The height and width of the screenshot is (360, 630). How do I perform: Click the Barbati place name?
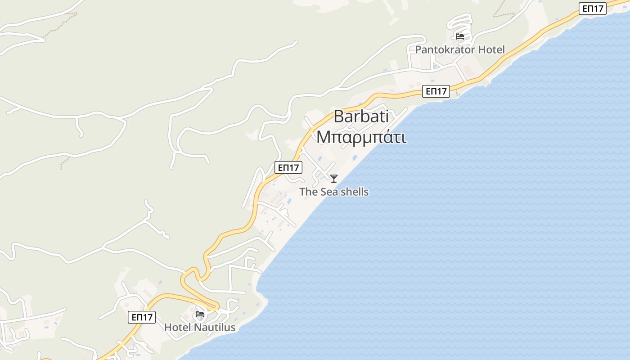[x=361, y=117]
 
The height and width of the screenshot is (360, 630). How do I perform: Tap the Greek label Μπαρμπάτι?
[x=361, y=137]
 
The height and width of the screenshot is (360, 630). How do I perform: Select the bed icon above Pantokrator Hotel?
[x=460, y=36]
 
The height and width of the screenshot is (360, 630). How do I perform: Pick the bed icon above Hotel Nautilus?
[x=200, y=314]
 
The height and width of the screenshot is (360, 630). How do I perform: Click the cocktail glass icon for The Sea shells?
[x=334, y=179]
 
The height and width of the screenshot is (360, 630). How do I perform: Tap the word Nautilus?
[x=215, y=327]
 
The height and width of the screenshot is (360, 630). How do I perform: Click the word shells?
[x=354, y=192]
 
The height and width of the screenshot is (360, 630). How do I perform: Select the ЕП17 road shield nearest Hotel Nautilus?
[x=142, y=317]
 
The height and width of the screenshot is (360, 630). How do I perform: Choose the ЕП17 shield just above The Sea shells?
[x=288, y=168]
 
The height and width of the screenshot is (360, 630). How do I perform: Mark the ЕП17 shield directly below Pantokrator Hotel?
[x=436, y=91]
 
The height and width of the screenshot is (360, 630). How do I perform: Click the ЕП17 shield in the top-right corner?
[x=593, y=8]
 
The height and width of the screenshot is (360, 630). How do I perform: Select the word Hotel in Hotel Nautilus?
[x=177, y=327]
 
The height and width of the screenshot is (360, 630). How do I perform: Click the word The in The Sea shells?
[x=309, y=192]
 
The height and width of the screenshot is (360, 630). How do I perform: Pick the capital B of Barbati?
[x=338, y=117]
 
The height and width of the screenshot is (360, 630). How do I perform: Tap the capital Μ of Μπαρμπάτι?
[x=323, y=137]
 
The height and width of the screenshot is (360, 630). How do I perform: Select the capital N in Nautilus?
[x=197, y=327]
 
